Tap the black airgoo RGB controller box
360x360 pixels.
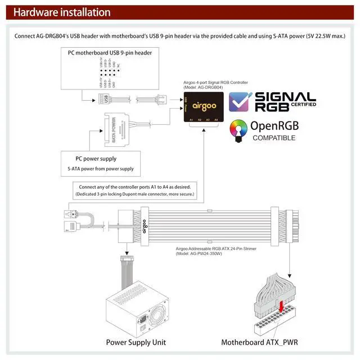pos(203,106)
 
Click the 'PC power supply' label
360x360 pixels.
pos(96,159)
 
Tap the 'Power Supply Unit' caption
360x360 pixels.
pos(136,342)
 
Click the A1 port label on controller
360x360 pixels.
pos(191,119)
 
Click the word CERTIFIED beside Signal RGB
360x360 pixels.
pos(303,104)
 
